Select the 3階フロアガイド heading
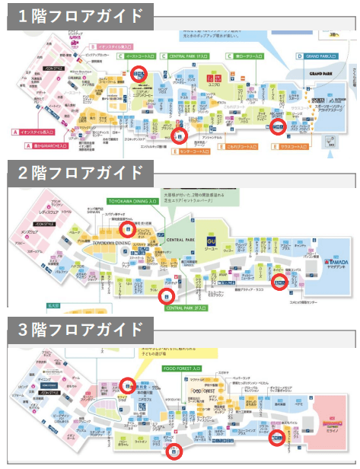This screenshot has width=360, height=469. [x=75, y=329]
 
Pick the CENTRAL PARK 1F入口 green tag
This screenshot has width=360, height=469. [x=188, y=56]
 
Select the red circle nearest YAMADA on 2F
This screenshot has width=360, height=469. [x=280, y=280]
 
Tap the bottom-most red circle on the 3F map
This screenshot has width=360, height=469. [x=174, y=451]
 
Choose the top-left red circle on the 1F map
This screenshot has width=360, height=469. [x=139, y=73]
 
